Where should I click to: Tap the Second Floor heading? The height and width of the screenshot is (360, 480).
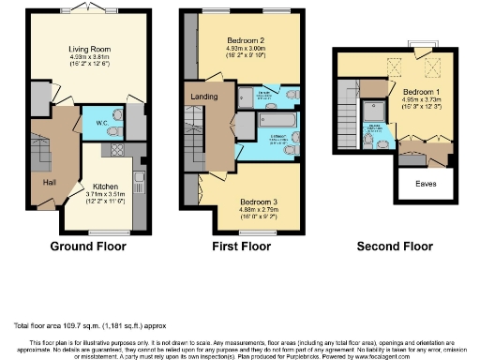pos(396,247)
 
